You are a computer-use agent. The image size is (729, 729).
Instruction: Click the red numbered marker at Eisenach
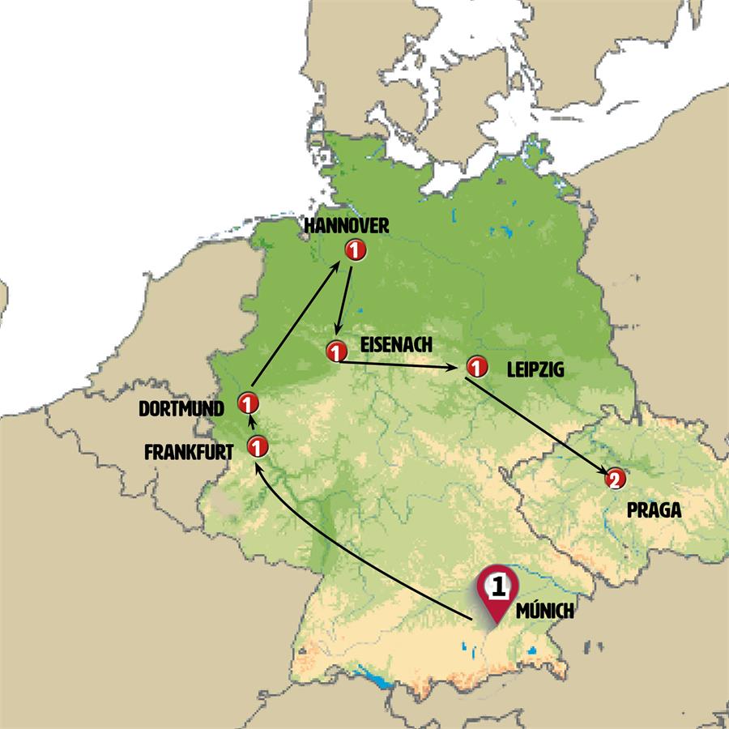click(x=335, y=352)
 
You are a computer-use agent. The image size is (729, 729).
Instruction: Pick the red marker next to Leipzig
click(x=475, y=367)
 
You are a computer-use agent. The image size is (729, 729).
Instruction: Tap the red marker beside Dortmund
click(x=248, y=403)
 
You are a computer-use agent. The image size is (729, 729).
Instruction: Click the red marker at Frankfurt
click(x=257, y=446)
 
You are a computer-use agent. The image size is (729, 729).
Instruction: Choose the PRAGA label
click(x=654, y=511)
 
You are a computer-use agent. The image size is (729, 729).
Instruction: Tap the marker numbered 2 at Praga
click(x=616, y=480)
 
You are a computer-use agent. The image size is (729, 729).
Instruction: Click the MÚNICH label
click(x=544, y=612)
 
